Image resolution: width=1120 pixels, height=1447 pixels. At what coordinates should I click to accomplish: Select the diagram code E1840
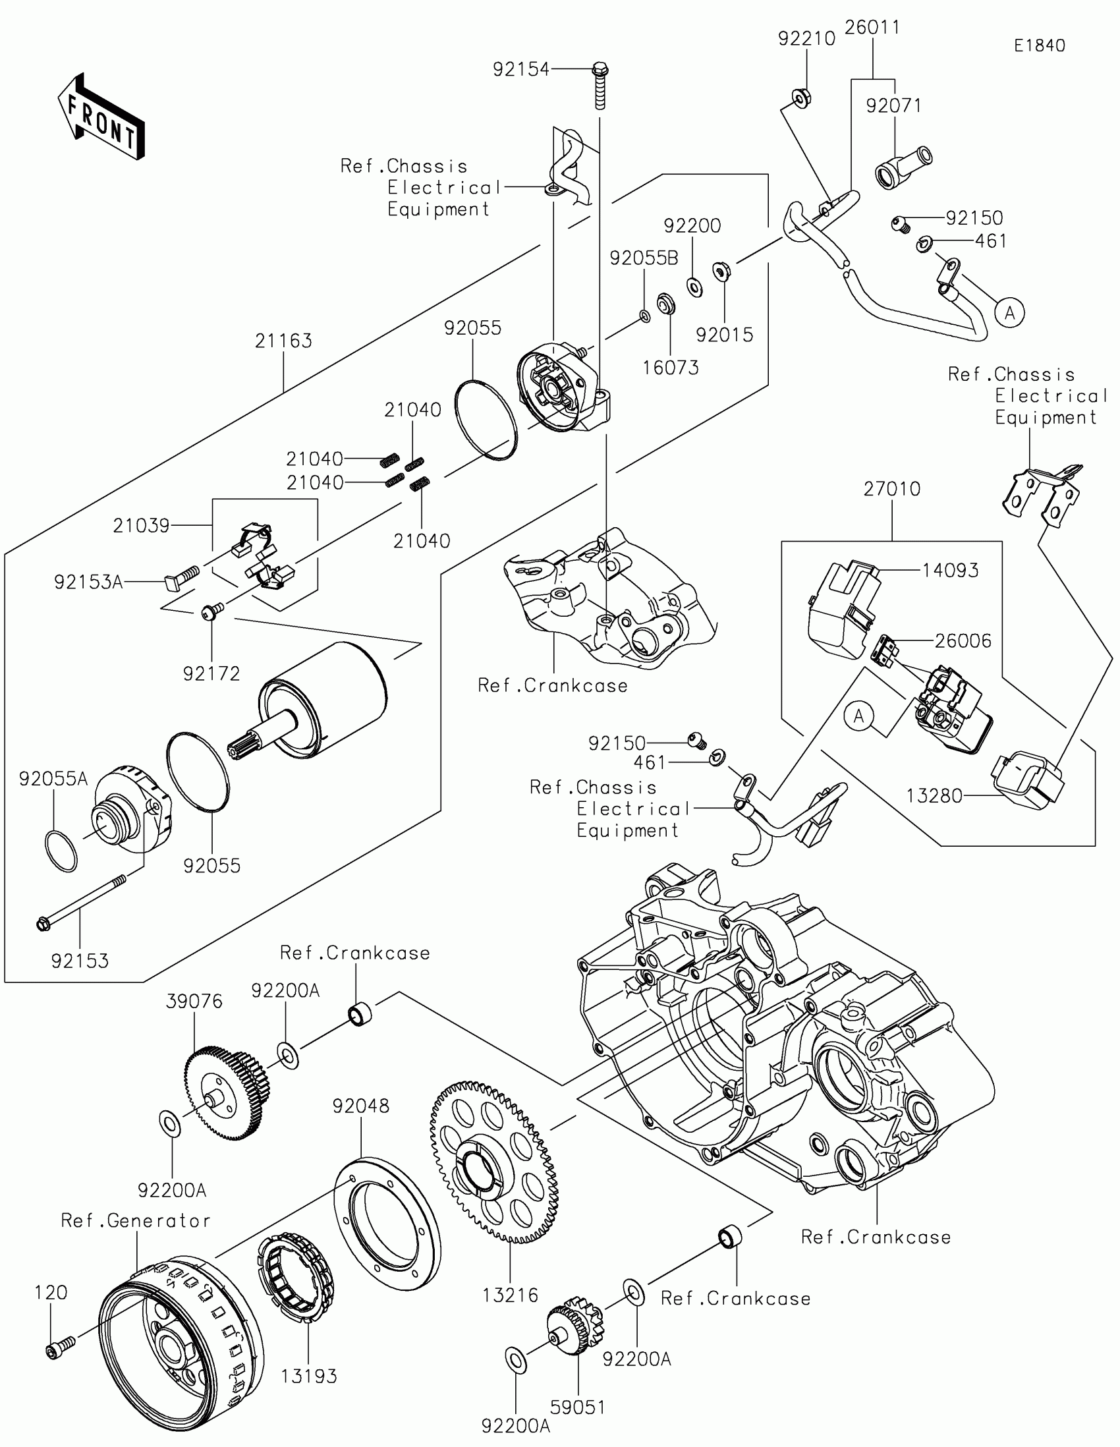[x=1039, y=45]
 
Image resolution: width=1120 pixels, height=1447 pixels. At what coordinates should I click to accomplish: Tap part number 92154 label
[x=520, y=69]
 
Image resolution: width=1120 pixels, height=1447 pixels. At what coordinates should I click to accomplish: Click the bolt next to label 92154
[x=600, y=86]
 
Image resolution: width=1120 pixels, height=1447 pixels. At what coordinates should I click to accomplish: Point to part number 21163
[x=283, y=341]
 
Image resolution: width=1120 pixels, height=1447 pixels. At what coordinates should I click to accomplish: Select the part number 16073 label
[x=670, y=367]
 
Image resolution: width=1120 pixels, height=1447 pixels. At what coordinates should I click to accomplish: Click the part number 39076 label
[x=194, y=1001]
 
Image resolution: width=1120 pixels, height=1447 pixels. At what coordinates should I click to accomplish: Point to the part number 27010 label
[x=891, y=489]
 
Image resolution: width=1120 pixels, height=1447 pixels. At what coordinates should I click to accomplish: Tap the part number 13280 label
[x=934, y=796]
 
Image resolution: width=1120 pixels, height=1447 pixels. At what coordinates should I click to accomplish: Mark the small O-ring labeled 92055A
[x=61, y=851]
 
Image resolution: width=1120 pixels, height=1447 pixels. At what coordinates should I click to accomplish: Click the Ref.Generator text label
[x=136, y=1220]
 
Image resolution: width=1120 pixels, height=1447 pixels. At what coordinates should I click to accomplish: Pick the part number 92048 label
[x=361, y=1106]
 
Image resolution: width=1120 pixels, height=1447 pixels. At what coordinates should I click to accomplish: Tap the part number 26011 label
[x=872, y=27]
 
